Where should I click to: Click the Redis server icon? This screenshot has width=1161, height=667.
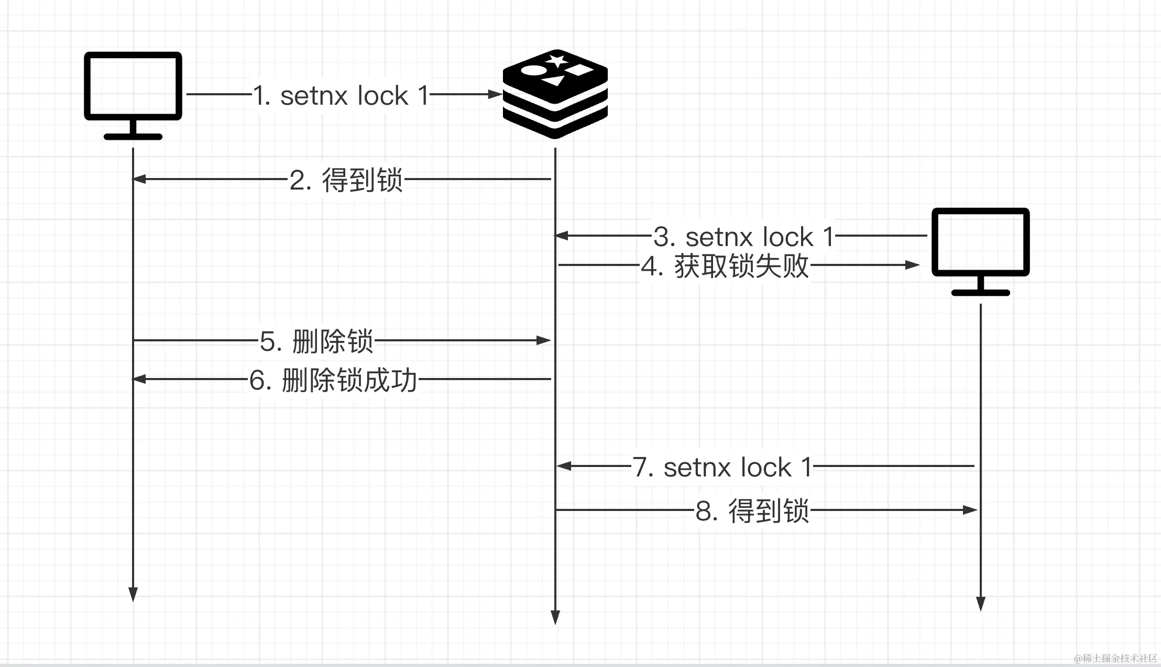pos(555,94)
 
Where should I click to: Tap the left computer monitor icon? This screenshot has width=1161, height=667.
pos(133,95)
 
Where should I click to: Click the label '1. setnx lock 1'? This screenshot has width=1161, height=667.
pos(341,95)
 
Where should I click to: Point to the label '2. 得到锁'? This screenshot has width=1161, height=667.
pos(346,180)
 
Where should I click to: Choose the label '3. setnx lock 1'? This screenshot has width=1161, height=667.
pos(743,237)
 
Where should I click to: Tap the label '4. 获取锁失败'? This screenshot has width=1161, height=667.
pos(726,266)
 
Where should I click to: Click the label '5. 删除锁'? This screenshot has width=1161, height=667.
pos(316,341)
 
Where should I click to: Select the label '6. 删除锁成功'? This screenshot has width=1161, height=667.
pos(333,380)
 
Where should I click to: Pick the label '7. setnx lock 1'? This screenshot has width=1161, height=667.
pos(722,467)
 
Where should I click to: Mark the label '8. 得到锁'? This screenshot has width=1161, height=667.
pos(752,511)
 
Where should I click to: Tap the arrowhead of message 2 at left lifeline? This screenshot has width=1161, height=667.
pos(139,179)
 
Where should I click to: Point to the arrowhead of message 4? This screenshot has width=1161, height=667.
pos(913,265)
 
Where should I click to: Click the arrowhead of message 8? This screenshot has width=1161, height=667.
pos(970,510)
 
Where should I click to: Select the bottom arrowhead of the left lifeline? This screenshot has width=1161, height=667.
pos(133,594)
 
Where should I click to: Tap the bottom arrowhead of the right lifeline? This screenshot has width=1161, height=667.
pos(981,603)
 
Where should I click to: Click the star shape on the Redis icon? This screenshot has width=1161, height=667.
pos(556,60)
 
